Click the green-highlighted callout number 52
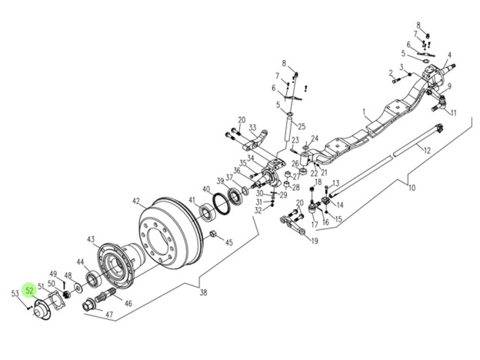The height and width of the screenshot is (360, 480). [29, 290]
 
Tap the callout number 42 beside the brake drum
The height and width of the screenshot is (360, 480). [136, 202]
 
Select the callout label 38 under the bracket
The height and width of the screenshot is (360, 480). [202, 292]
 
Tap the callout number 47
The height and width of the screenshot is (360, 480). [108, 315]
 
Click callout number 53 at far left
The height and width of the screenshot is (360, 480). [15, 293]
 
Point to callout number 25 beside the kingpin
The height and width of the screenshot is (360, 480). [302, 126]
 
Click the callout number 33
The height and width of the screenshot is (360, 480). [252, 128]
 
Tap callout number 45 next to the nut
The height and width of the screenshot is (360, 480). [228, 243]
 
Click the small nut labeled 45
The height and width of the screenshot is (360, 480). [213, 235]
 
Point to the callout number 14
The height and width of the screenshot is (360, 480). [339, 205]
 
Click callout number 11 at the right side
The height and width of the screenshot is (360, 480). [454, 113]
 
